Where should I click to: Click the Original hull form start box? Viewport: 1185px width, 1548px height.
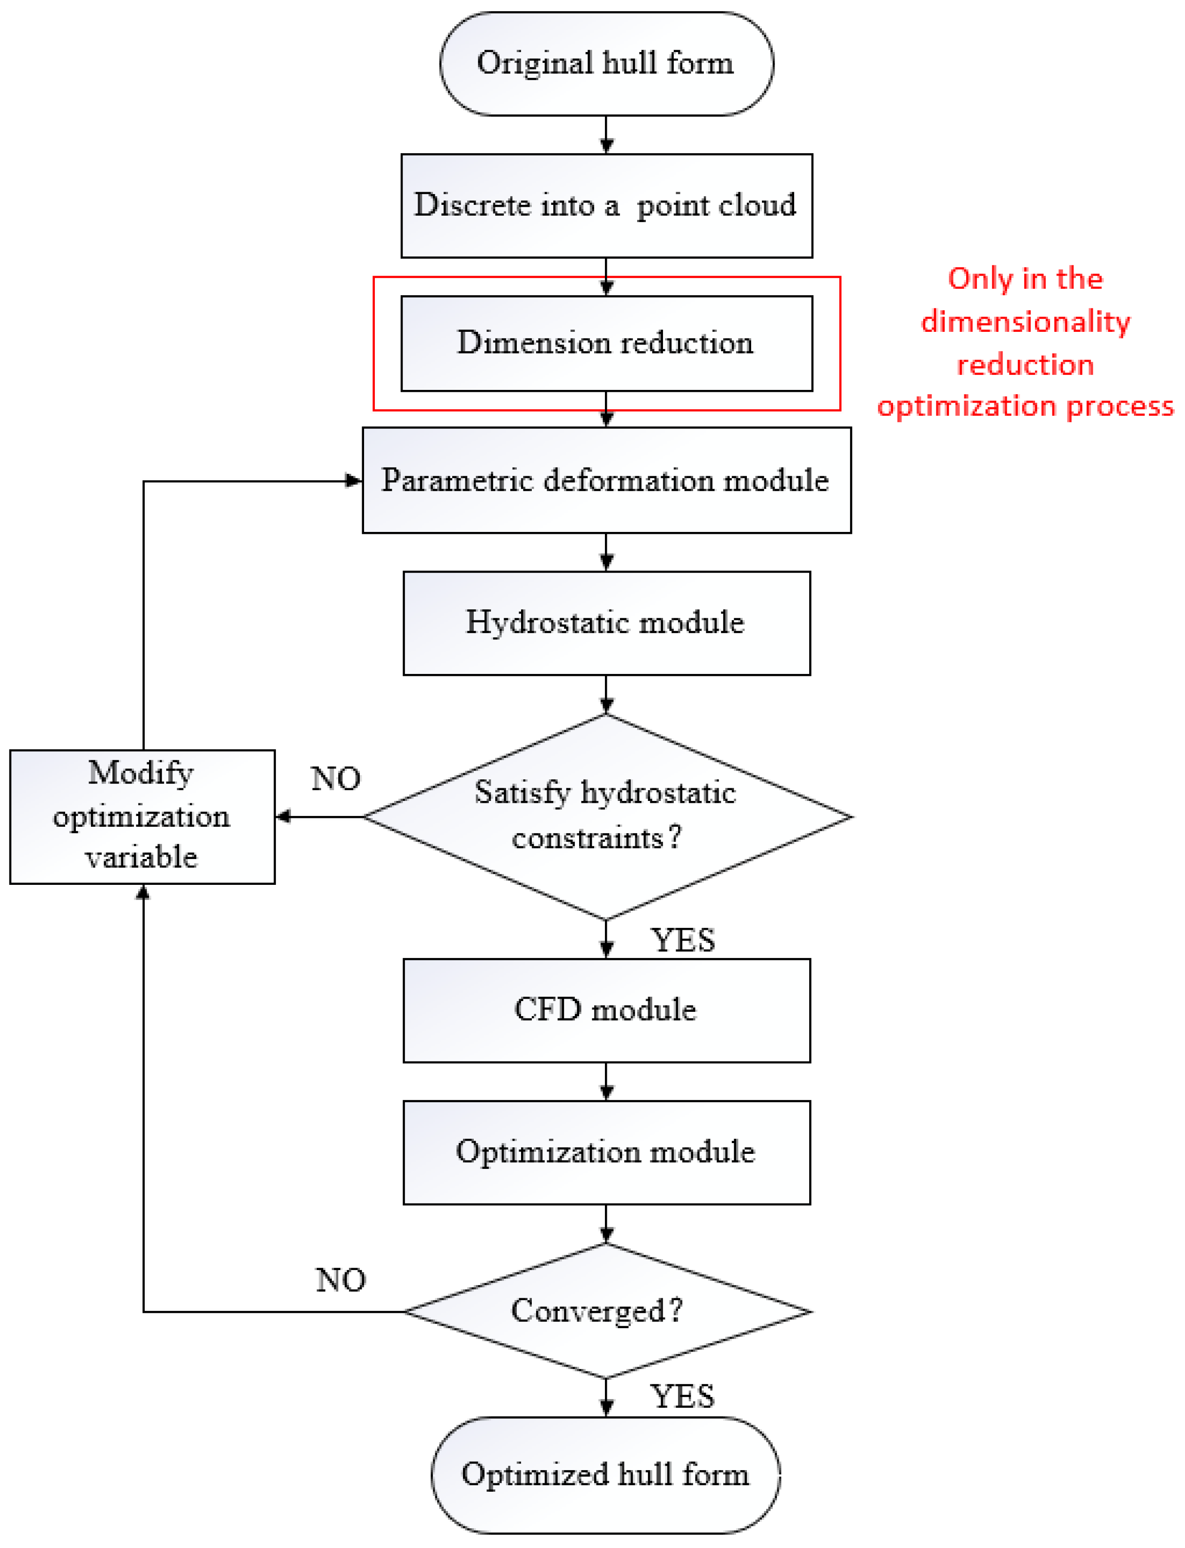tap(606, 63)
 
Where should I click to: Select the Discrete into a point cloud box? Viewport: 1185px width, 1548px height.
tap(606, 205)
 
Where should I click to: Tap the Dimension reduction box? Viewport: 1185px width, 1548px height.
tap(606, 343)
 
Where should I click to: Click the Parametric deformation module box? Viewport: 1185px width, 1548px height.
tap(606, 480)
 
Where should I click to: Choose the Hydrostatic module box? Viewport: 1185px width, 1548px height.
tap(606, 622)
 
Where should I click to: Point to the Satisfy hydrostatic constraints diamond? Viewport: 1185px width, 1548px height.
tap(606, 816)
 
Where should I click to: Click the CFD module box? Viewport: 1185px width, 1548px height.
tap(606, 1010)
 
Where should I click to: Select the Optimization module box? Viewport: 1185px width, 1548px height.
tap(606, 1152)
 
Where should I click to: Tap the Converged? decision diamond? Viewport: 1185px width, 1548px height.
tap(606, 1311)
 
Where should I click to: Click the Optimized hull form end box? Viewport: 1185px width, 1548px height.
tap(606, 1474)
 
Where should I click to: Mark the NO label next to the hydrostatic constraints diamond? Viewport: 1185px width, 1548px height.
tap(336, 779)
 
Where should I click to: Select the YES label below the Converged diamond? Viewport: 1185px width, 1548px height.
tap(683, 1396)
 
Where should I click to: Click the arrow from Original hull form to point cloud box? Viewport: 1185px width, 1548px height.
tap(606, 135)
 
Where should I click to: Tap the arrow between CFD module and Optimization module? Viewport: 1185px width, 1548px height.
tap(606, 1081)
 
